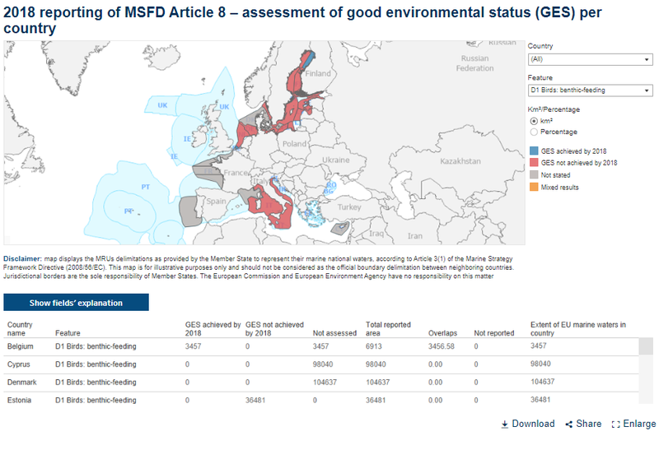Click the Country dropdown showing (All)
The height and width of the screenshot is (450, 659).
pyautogui.click(x=589, y=59)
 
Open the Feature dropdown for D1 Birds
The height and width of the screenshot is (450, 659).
pyautogui.click(x=589, y=90)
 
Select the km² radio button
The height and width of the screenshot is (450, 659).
pyautogui.click(x=534, y=121)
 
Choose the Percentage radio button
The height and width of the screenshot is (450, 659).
pyautogui.click(x=534, y=132)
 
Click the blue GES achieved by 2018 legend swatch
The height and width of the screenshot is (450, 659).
pyautogui.click(x=534, y=151)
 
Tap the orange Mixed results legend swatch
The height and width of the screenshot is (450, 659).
pyautogui.click(x=534, y=188)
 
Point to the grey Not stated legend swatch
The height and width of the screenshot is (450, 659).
pyautogui.click(x=534, y=175)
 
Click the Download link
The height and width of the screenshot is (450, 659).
pyautogui.click(x=528, y=424)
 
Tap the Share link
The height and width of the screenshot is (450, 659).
pyautogui.click(x=583, y=424)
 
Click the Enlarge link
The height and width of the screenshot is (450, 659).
pyautogui.click(x=633, y=424)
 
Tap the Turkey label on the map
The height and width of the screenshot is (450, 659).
pyautogui.click(x=349, y=207)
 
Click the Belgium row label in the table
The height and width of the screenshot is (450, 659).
pyautogui.click(x=21, y=346)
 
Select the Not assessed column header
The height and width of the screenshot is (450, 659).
pyautogui.click(x=333, y=333)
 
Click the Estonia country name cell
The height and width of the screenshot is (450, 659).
pyautogui.click(x=20, y=400)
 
